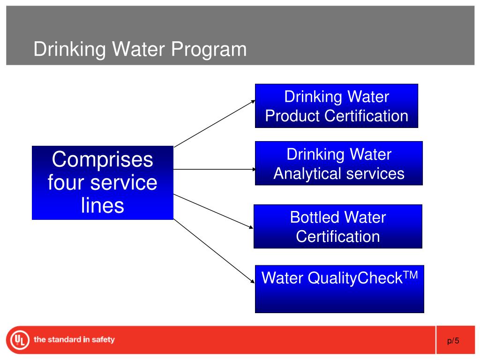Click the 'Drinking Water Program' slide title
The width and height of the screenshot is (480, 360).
140,49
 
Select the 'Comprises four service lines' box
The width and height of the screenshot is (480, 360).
103,182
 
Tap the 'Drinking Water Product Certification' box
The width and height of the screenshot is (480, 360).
336,106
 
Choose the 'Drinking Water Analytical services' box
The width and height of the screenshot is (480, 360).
338,163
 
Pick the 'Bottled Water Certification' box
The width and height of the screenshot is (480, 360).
337,226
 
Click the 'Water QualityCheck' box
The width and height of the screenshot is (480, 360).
339,289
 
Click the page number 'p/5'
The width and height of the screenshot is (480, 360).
453,341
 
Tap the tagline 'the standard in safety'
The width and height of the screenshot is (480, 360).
74,339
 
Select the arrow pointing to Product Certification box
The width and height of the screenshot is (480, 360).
215,123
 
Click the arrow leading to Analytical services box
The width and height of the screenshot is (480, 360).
215,169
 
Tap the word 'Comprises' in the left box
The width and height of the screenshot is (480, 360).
103,159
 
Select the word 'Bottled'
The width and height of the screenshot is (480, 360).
314,217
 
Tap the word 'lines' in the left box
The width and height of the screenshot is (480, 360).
103,205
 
